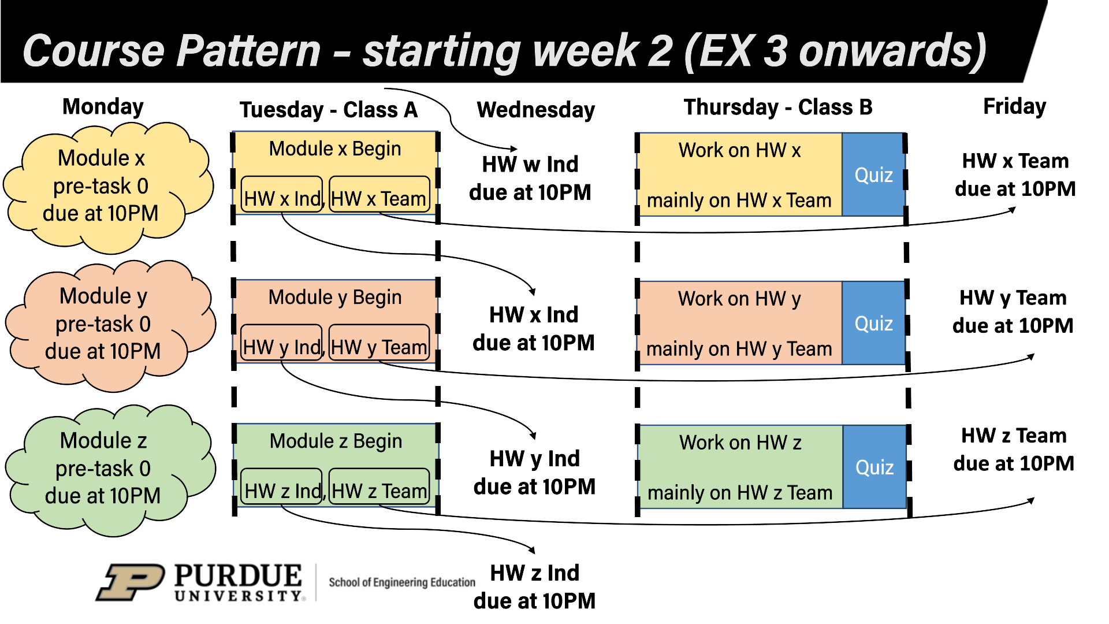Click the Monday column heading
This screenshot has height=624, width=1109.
click(103, 107)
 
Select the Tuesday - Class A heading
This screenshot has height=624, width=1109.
click(328, 110)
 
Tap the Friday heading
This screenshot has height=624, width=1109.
click(1014, 106)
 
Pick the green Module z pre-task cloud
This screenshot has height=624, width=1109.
click(103, 469)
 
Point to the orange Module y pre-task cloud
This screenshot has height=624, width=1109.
click(103, 324)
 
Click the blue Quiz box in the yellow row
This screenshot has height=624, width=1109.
click(873, 175)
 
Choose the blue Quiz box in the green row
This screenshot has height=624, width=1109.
click(874, 467)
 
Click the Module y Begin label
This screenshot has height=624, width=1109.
click(334, 298)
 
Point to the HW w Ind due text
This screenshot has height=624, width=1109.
click(530, 178)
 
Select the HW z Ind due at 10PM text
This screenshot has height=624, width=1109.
click(534, 586)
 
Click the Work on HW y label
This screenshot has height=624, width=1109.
click(739, 299)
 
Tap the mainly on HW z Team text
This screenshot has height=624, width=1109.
click(740, 493)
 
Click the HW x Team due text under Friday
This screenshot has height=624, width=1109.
click(1015, 174)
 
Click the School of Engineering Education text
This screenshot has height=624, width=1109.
click(402, 582)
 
